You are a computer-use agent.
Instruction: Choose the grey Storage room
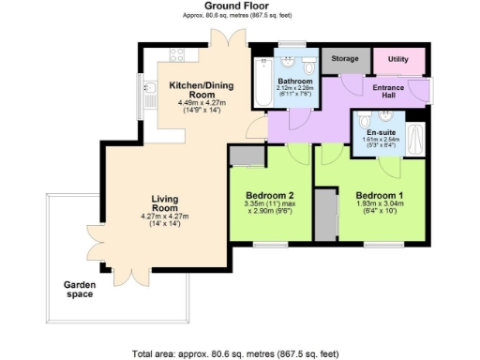[345, 58]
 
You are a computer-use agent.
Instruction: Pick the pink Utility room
[398, 59]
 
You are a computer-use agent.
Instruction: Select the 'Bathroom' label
[294, 82]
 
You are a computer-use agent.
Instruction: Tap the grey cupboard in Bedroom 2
[247, 156]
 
